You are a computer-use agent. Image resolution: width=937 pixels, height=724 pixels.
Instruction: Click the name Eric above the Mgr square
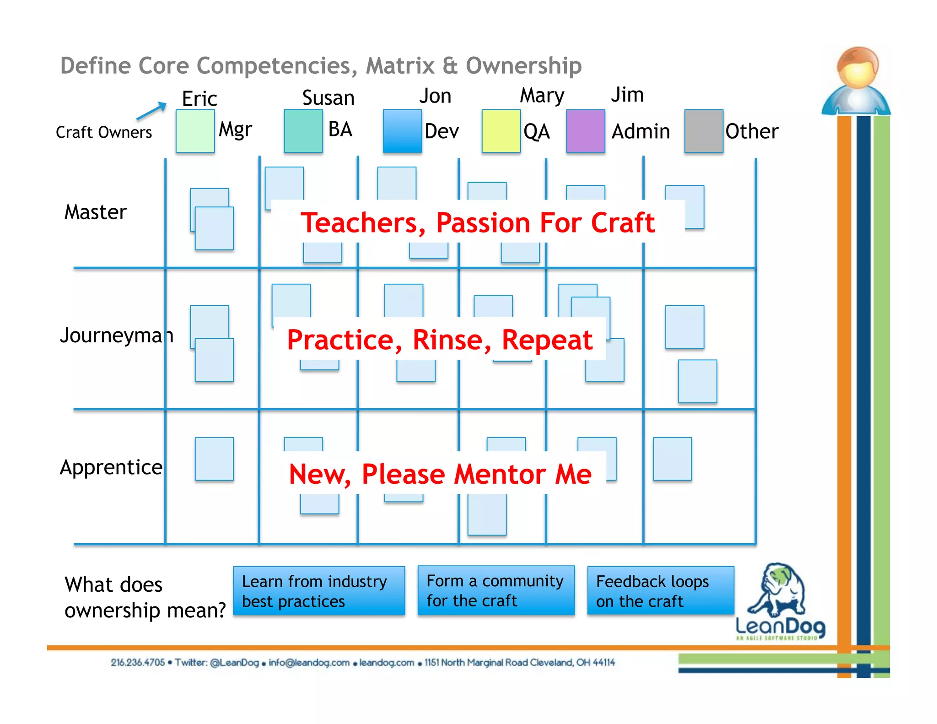[x=199, y=99]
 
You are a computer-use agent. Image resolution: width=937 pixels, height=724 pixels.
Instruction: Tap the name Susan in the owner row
[x=328, y=98]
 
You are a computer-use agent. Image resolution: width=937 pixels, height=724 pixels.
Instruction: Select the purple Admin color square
[x=585, y=131]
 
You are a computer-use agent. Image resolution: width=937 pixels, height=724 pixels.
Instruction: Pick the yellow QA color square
[x=501, y=131]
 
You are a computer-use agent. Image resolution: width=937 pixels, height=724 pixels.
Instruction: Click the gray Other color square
[x=704, y=131]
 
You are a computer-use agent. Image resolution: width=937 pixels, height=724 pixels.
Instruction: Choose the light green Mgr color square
[x=195, y=131]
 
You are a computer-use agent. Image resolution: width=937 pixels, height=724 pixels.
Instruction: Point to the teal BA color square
[x=303, y=131]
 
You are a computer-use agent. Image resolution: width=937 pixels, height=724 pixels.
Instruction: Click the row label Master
[x=95, y=212]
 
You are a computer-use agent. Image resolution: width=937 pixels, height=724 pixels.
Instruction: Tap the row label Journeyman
[x=116, y=335]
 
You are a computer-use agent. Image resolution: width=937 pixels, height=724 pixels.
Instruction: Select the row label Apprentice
[x=111, y=467]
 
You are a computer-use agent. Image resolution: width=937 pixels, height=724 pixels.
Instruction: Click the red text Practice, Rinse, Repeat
[x=440, y=340]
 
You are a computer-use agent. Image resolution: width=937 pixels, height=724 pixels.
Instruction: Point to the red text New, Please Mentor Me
[x=440, y=474]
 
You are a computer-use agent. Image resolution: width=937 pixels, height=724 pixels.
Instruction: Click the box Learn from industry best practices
[x=319, y=591]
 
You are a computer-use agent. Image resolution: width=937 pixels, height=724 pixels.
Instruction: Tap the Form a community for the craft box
[x=495, y=590]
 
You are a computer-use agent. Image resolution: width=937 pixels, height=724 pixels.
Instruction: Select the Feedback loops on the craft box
[x=660, y=591]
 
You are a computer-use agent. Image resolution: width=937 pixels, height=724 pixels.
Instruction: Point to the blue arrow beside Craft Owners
[x=151, y=110]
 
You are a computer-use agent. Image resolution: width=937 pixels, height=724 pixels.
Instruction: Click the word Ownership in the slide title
[x=523, y=66]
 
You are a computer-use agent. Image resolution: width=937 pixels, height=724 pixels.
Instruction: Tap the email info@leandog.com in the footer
[x=309, y=663]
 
